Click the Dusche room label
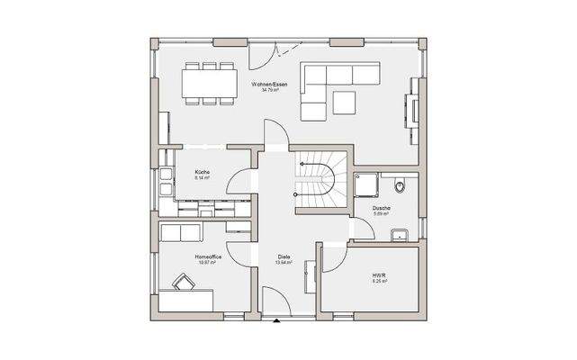point(382,208)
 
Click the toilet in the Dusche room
point(401,187)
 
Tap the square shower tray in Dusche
point(366,184)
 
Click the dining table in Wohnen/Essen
point(209,83)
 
